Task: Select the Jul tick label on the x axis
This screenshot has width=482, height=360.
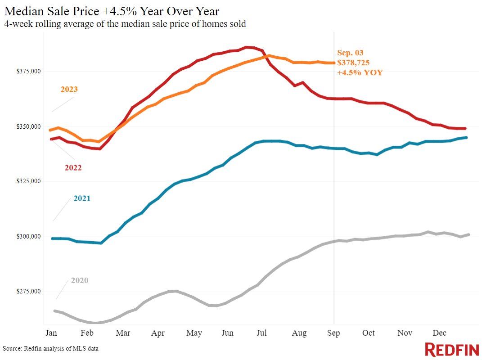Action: pos(261,333)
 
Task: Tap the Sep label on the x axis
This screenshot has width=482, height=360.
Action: pos(333,333)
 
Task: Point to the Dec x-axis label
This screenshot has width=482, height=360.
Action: pos(439,333)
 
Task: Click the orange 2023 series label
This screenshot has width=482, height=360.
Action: pos(69,89)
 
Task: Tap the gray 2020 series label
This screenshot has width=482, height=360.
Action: pos(79,280)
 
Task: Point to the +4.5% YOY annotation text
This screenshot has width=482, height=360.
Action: pos(360,72)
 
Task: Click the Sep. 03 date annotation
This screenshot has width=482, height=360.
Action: pos(350,52)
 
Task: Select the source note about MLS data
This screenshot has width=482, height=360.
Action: pos(50,348)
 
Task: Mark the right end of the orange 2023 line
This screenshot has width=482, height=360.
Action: pos(333,63)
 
